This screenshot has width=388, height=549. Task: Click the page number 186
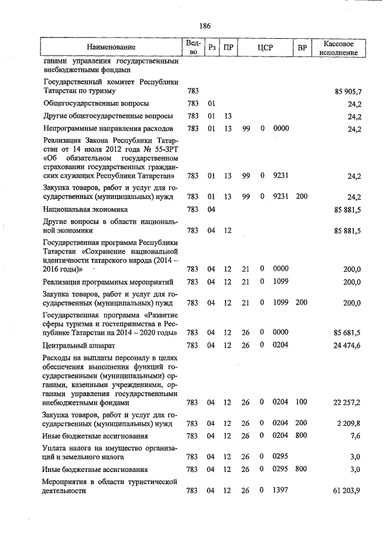click(204, 25)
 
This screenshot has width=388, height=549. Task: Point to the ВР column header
click(301, 47)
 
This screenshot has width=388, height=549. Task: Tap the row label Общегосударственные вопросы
click(96, 104)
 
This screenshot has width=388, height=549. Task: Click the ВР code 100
click(301, 402)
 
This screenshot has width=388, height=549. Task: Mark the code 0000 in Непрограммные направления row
click(281, 129)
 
